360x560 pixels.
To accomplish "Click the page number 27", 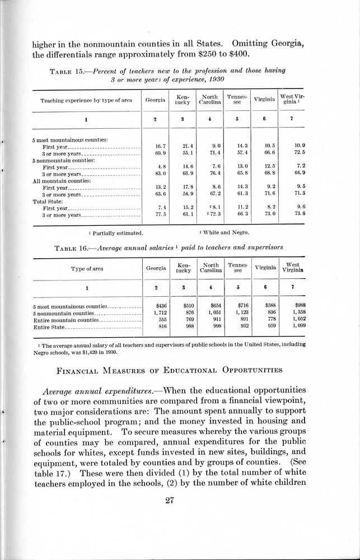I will pos(171,501).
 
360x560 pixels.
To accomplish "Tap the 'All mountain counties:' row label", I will pos(62,180).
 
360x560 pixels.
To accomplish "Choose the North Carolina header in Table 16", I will pos(211,268).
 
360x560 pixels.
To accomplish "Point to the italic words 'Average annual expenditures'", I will pos(107,390).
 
